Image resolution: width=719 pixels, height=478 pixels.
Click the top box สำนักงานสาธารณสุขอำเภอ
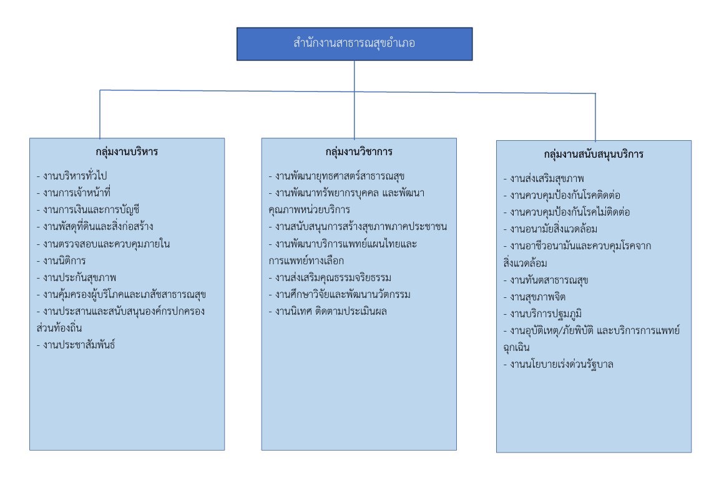(x=355, y=44)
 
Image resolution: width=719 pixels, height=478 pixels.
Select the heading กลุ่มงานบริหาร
(x=127, y=151)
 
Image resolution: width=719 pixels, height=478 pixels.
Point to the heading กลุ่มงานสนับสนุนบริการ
(x=594, y=154)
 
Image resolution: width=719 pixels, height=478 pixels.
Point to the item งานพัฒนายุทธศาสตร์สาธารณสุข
(x=337, y=175)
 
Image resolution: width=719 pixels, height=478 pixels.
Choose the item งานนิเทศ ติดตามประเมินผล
(x=328, y=310)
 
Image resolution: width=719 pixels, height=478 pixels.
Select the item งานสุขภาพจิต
(x=536, y=296)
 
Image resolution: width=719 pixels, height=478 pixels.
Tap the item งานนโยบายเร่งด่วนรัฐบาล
(x=561, y=364)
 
